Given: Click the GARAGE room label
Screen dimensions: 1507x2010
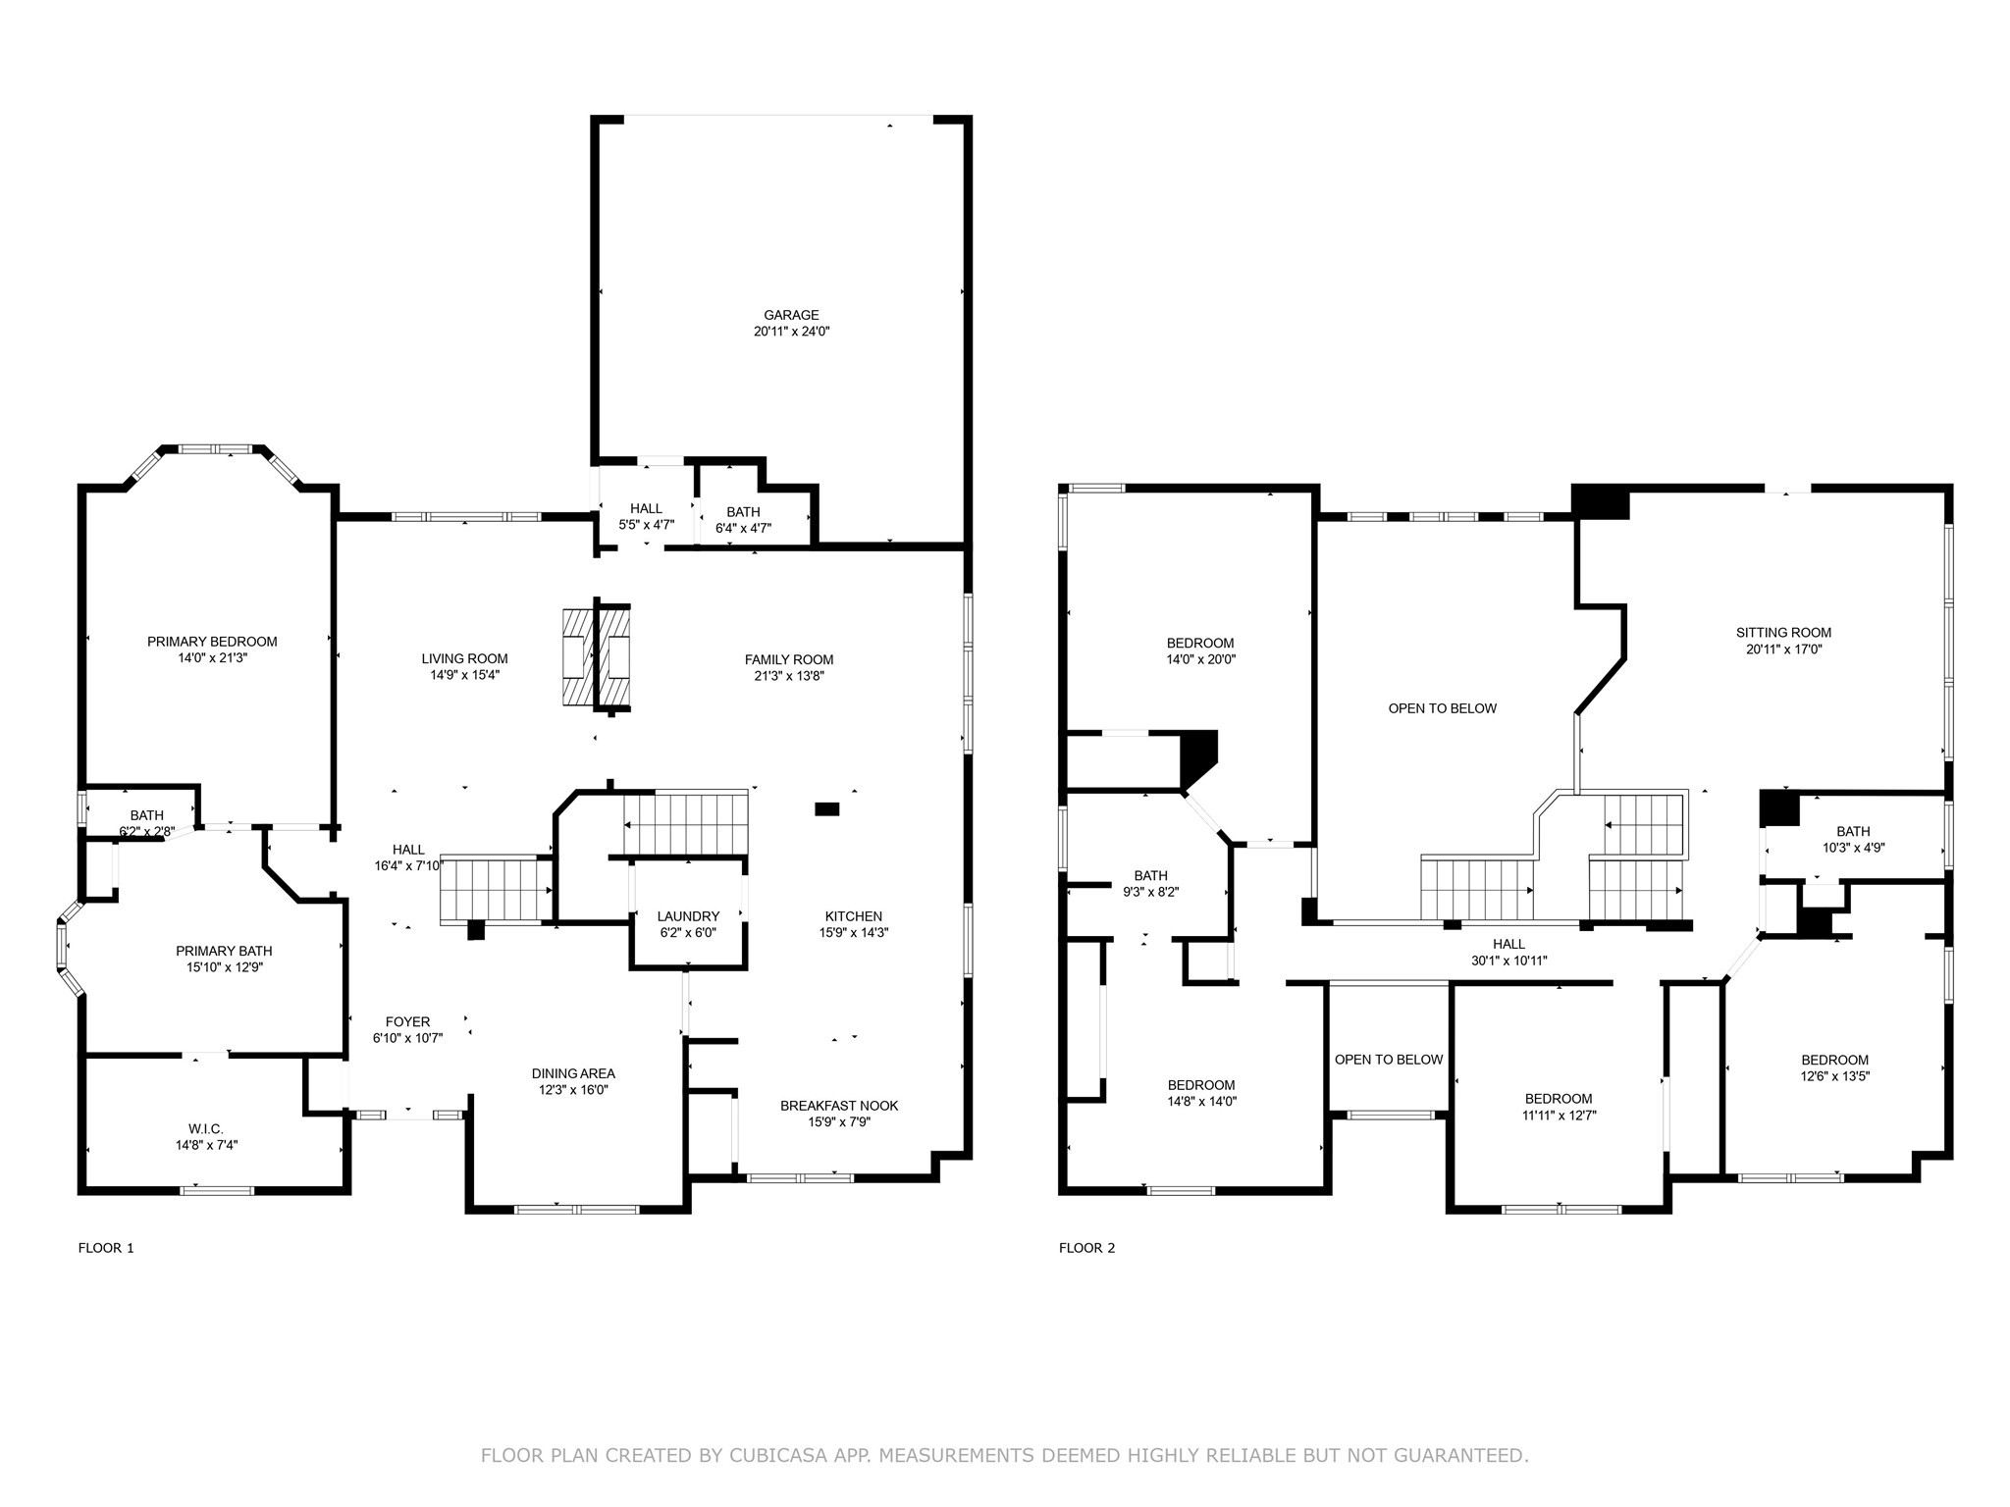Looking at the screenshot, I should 791,315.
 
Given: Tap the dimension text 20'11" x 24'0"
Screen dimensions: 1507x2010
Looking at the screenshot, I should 791,332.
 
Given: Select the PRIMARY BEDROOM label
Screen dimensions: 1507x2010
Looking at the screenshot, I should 212,642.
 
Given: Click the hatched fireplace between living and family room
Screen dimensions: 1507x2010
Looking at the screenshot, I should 595,657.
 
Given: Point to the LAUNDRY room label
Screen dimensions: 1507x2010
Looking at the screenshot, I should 688,916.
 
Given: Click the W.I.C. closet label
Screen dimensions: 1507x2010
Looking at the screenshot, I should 206,1129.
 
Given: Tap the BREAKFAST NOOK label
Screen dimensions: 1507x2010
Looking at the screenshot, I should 839,1106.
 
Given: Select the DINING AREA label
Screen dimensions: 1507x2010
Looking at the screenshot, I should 573,1073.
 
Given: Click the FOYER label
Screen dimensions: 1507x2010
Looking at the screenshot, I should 407,1021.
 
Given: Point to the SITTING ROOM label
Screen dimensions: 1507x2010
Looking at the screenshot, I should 1783,633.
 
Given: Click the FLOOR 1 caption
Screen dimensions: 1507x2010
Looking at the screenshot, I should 106,1248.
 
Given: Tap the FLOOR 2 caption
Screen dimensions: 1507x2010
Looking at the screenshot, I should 1086,1248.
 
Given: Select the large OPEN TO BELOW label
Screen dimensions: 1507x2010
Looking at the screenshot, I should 1442,708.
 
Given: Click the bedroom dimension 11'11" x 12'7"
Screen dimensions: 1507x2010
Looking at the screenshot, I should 1559,1115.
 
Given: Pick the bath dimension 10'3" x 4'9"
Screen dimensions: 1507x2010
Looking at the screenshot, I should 1853,848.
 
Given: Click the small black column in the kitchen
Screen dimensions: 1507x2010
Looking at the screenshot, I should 827,809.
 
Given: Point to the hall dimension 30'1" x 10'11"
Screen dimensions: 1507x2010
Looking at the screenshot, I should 1508,961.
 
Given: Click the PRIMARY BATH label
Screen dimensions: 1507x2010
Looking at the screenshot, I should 224,951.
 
